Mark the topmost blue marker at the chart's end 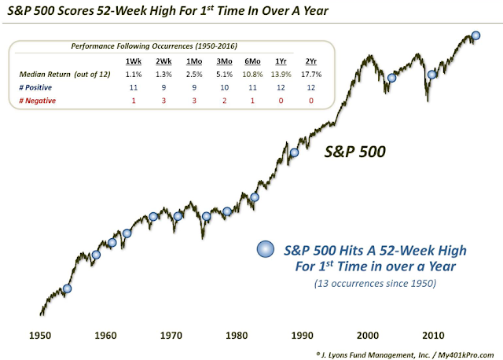(x=475, y=35)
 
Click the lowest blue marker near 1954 (x=67, y=288)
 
